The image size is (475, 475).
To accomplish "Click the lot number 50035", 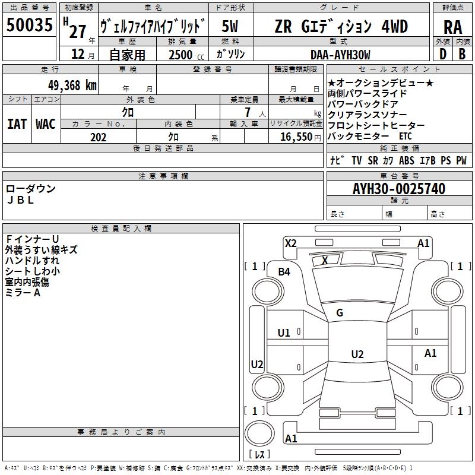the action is [29, 25].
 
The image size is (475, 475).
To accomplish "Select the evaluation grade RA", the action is [452, 27].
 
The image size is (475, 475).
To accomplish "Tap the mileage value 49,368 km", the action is [72, 85].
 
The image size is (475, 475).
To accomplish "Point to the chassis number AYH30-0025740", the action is [399, 189].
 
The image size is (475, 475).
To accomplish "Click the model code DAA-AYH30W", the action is [340, 55].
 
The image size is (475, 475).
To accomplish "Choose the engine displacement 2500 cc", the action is [186, 55].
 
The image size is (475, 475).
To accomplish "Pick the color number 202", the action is [98, 137].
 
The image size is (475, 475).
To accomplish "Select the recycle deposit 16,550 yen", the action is [300, 137].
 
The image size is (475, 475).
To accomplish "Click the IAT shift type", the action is [17, 124].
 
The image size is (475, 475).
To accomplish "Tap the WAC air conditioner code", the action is [46, 124].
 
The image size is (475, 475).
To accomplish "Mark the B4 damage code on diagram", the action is [284, 272].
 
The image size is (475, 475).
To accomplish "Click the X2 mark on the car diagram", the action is [290, 243].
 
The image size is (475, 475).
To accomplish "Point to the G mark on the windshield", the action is [340, 313].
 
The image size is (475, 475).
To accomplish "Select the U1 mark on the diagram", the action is [284, 333].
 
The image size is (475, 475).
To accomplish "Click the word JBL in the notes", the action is [21, 200].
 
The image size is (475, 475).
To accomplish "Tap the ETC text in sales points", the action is [406, 136].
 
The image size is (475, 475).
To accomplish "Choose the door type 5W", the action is [230, 26].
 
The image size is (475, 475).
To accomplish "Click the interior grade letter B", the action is [462, 54].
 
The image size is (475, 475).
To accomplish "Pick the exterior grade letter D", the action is [443, 54].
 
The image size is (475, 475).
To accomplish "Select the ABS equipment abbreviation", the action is [407, 160].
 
